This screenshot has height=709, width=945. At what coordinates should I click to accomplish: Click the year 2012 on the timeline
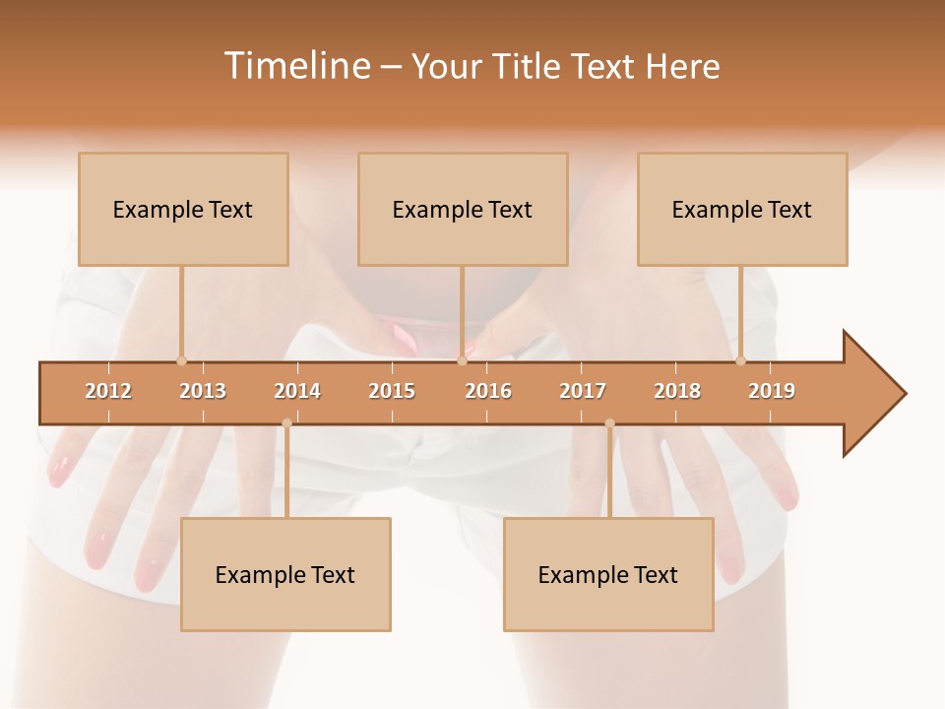[x=108, y=391]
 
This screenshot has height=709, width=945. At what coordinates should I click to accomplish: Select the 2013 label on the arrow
[x=203, y=391]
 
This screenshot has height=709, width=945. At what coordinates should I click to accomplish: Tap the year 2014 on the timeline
[x=297, y=391]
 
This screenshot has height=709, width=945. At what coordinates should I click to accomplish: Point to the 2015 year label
[x=392, y=391]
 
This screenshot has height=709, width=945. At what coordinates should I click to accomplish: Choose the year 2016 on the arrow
[x=488, y=391]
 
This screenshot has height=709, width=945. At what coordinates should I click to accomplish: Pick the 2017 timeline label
[x=583, y=391]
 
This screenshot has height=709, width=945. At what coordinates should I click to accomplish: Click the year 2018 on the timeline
[x=677, y=391]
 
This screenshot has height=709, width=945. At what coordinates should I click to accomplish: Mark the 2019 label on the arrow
[x=772, y=391]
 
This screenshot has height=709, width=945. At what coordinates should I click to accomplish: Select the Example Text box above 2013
[x=183, y=210]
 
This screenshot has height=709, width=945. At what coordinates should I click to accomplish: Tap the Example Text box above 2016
[x=463, y=210]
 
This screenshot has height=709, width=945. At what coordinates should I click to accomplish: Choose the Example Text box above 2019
[x=742, y=210]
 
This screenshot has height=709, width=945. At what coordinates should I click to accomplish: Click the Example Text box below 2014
[x=285, y=575]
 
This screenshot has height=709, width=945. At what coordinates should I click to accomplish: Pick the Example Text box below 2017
[x=608, y=575]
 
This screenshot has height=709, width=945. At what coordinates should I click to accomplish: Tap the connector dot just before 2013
[x=181, y=361]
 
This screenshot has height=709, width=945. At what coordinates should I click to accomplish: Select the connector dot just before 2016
[x=462, y=361]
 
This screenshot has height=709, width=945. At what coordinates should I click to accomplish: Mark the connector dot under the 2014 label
[x=286, y=423]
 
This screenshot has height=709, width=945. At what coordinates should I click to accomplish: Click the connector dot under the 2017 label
[x=609, y=423]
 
